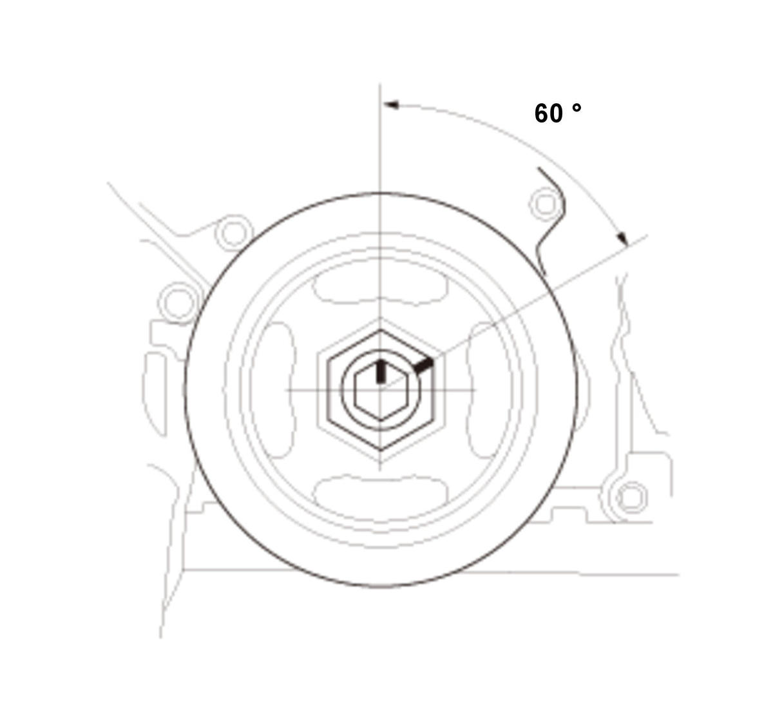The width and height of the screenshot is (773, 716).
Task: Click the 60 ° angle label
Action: pos(558,113)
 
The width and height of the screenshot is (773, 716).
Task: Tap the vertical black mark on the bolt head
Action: pos(381,371)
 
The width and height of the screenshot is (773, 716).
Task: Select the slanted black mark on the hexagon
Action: pos(423,366)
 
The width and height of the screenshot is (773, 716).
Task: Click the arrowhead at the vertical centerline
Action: pos(391,105)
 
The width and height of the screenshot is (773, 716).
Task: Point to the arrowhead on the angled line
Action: pos(623,238)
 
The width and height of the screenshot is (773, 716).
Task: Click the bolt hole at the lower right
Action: pos(632,498)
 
